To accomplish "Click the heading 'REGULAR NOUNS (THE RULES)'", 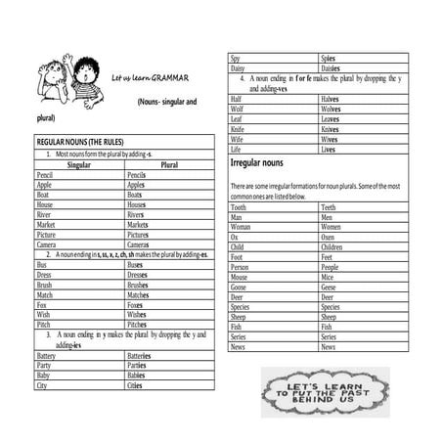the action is [x=79, y=143].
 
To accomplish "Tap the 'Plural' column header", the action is [x=168, y=164].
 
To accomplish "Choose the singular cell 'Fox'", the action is [x=42, y=305].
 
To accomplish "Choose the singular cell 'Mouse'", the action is [x=241, y=278].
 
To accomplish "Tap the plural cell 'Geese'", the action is [x=330, y=288].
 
